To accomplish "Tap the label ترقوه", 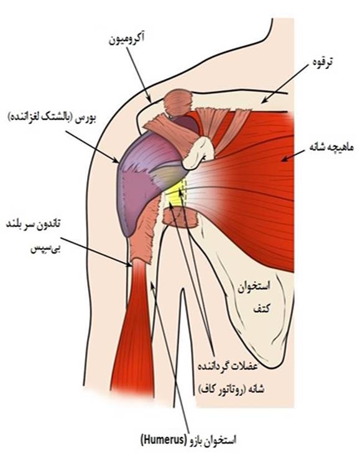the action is pyautogui.click(x=321, y=62).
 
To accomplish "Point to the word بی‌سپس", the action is pyautogui.click(x=46, y=249).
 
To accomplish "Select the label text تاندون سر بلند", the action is pyautogui.click(x=34, y=224).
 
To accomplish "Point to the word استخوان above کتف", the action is pyautogui.click(x=254, y=288).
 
